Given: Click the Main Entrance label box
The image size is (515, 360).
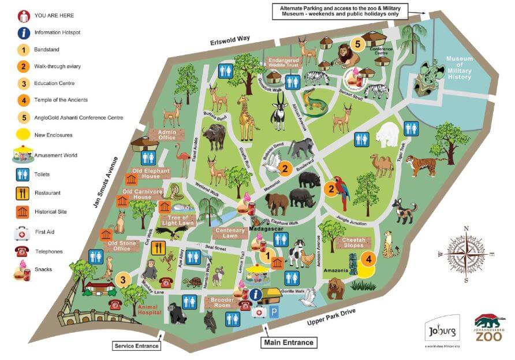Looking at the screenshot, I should coord(289,343).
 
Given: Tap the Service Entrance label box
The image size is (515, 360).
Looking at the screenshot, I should coord(136,346).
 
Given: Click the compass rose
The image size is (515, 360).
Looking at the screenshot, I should coord(465,254).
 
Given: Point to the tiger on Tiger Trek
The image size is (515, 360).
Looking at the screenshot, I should coord(424,165).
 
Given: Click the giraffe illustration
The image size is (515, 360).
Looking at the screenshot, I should coord(247,118).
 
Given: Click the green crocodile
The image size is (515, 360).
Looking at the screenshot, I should coord(315,103).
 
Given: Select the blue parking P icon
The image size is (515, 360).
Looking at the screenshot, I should coord(275,311).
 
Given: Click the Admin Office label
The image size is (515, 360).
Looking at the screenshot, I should coord(162,135).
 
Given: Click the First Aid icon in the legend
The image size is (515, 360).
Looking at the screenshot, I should coord(23,233).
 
